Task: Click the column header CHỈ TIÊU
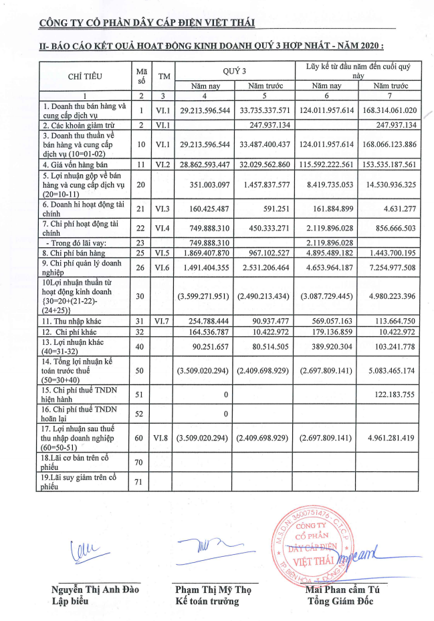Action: [85, 76]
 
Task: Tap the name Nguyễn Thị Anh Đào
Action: [96, 590]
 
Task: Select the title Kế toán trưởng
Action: [207, 601]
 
